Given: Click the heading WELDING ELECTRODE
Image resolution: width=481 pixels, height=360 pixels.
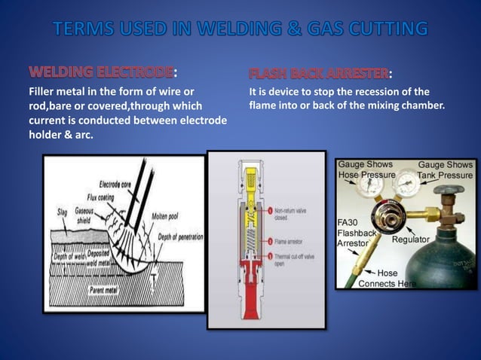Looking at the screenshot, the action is pyautogui.click(x=101, y=73).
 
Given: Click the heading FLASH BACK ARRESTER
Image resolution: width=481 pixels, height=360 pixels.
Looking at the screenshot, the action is pyautogui.click(x=319, y=73).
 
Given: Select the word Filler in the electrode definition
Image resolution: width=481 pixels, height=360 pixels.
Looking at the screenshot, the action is pyautogui.click(x=43, y=92).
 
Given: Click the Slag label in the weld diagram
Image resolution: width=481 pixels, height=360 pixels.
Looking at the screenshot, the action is pyautogui.click(x=62, y=212).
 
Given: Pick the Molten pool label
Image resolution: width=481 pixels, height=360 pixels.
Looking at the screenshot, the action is pyautogui.click(x=167, y=215).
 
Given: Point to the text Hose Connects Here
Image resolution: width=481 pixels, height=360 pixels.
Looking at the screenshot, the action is pyautogui.click(x=387, y=279).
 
